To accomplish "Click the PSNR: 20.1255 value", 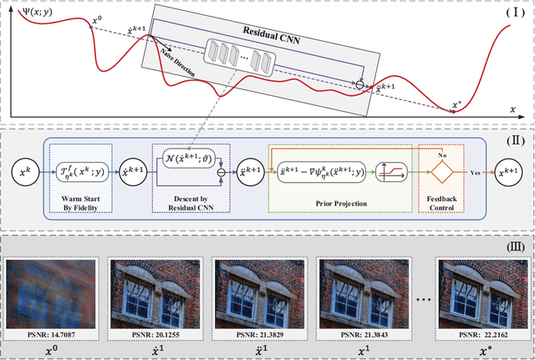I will coord(156,334).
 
